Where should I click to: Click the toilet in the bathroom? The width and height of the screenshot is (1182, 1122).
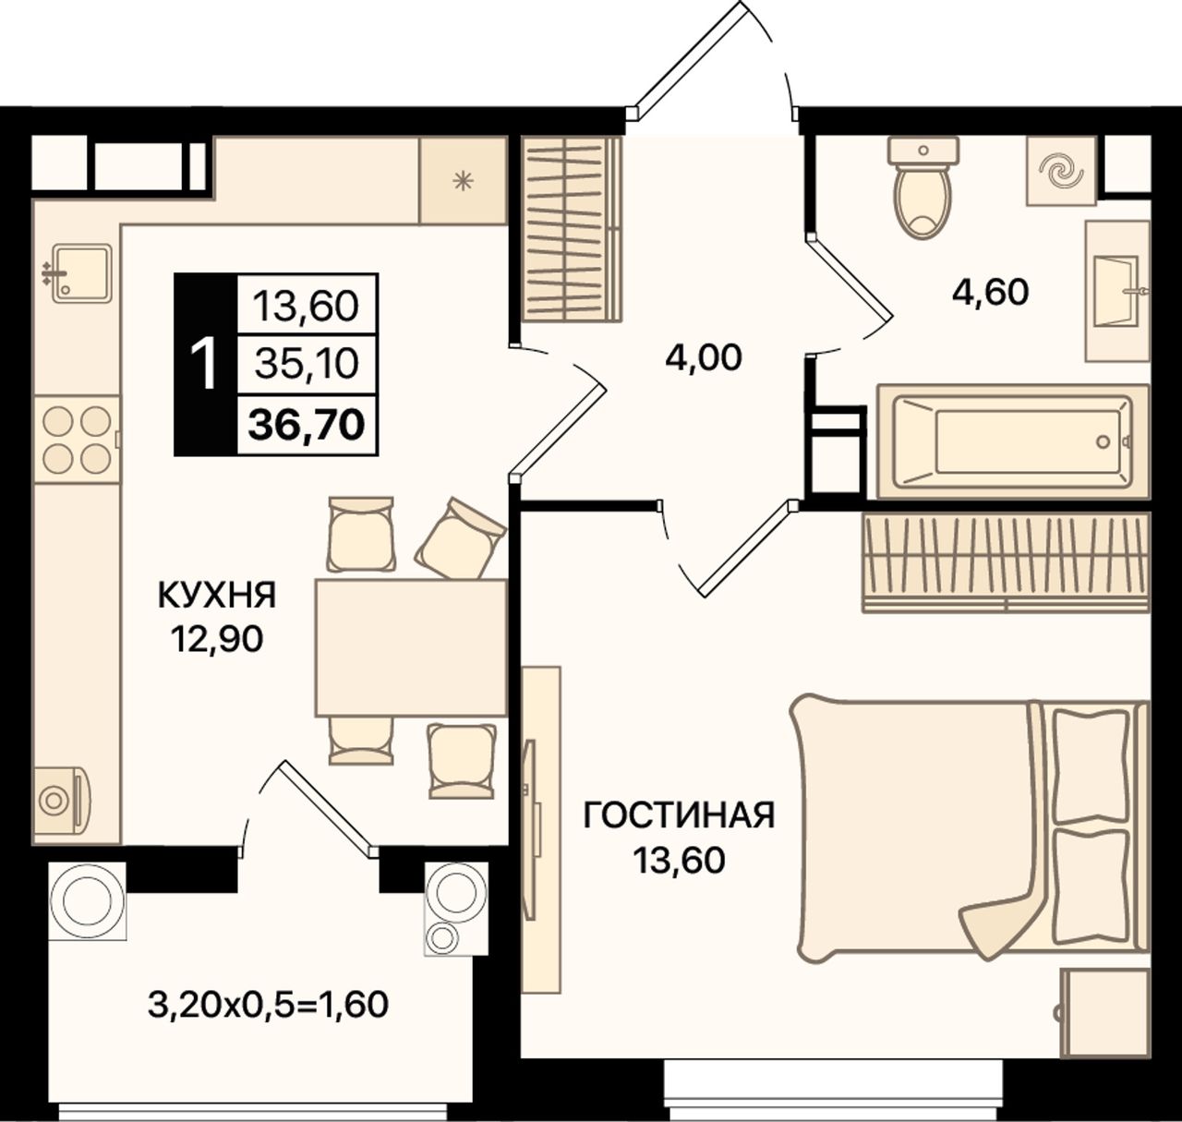pos(923,187)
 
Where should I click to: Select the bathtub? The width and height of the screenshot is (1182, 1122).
pos(1012,442)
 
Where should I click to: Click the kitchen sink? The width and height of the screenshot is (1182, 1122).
pos(82,273)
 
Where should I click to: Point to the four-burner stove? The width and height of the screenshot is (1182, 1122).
pos(77,440)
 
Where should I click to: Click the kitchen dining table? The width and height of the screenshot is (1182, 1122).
pos(411,647)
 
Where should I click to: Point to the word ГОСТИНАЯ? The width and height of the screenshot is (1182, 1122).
pos(679,816)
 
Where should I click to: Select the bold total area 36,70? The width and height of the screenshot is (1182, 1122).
pos(307,425)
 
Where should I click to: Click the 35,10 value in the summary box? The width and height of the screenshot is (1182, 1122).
pos(307,365)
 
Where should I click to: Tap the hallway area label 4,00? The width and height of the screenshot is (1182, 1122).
pos(704,358)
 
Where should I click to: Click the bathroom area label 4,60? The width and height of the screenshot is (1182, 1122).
pos(990,293)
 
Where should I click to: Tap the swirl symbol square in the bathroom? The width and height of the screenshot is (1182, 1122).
pos(1061,171)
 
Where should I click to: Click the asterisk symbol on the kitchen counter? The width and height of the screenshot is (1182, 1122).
pos(463,181)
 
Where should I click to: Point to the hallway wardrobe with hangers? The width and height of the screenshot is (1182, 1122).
pos(572,229)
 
